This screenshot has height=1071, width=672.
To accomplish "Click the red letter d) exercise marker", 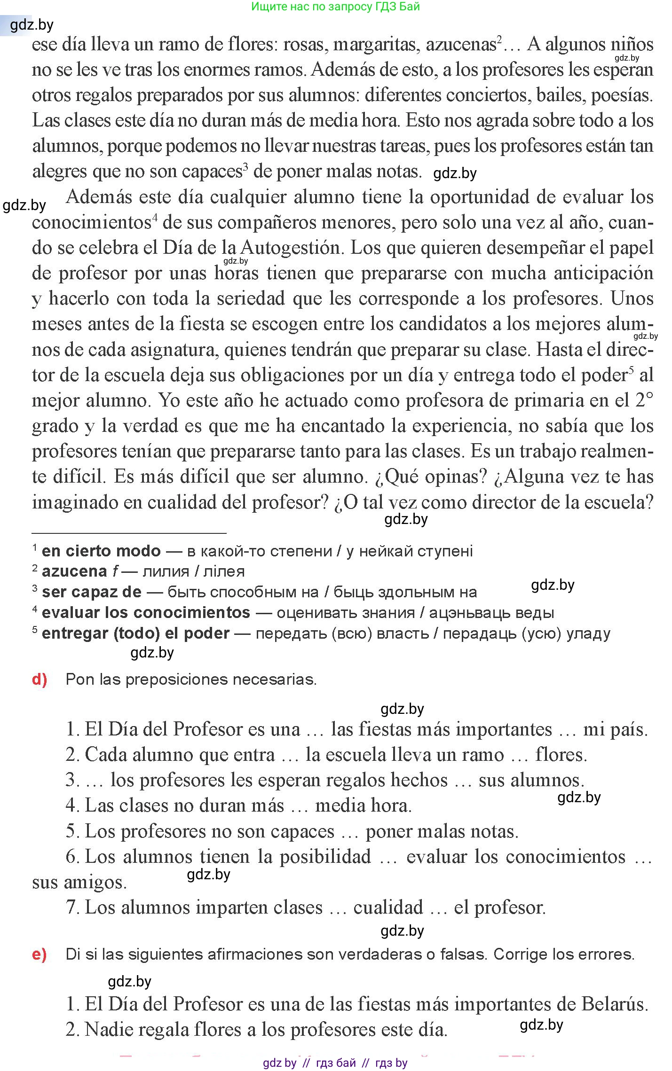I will (x=40, y=680).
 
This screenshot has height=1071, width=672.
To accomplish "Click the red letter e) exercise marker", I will (x=40, y=954).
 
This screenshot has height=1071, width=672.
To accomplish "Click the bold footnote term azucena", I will (x=74, y=571).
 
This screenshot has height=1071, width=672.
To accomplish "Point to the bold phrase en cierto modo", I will (x=101, y=551).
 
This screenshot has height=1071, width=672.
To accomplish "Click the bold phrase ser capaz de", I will (x=92, y=592).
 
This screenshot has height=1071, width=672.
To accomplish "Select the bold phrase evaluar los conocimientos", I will (x=146, y=613).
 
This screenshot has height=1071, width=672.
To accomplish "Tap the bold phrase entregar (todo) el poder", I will (x=135, y=633).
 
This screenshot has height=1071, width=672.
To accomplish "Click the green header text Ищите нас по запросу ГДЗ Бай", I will (x=335, y=7).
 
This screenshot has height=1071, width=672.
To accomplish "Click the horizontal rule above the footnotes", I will (x=129, y=533).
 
